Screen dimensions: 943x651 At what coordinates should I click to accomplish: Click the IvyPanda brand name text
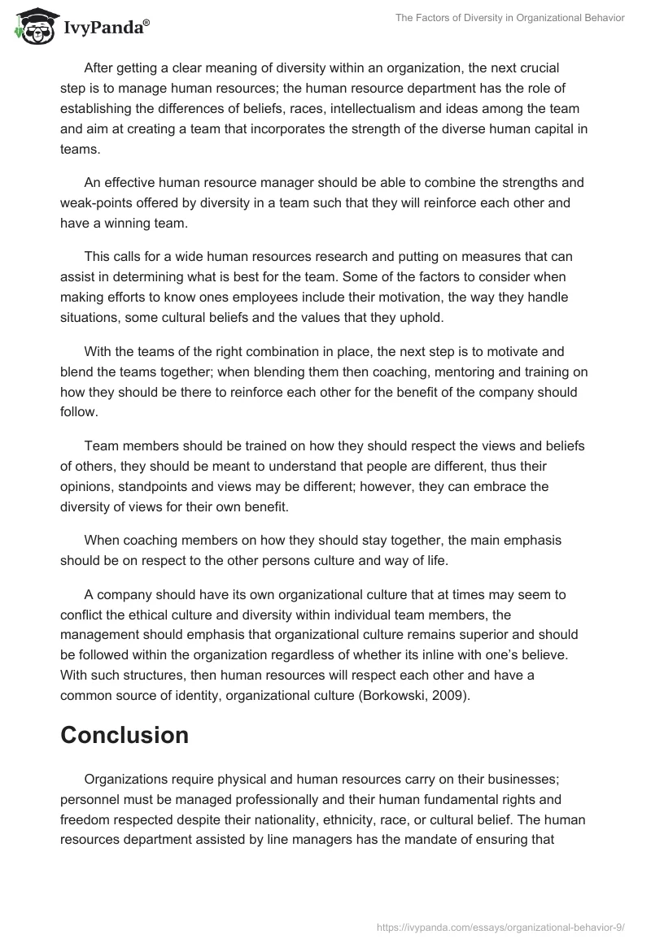106,29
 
